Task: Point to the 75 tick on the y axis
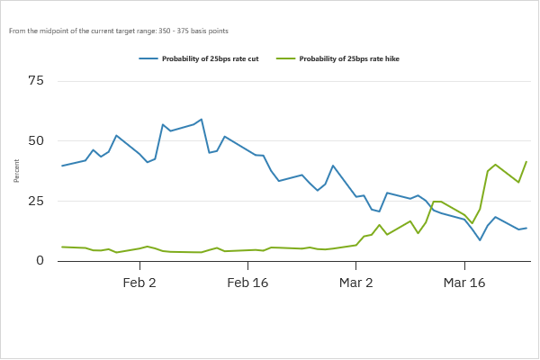pos(35,81)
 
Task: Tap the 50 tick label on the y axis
pos(35,141)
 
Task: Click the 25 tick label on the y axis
pos(35,201)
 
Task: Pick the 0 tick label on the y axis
pos(39,261)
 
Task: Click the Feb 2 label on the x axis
pos(139,283)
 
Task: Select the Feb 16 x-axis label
pos(247,283)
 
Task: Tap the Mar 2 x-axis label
pos(356,283)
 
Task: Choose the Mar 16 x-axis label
pos(464,283)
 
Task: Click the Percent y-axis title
pos(17,171)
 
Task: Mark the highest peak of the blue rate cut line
pos(201,119)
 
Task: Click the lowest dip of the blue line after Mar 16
pos(480,240)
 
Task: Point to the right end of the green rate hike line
pos(526,162)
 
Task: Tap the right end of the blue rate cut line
pos(526,228)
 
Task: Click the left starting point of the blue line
pos(62,166)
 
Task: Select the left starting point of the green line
pos(62,247)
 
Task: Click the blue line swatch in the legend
pos(148,59)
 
